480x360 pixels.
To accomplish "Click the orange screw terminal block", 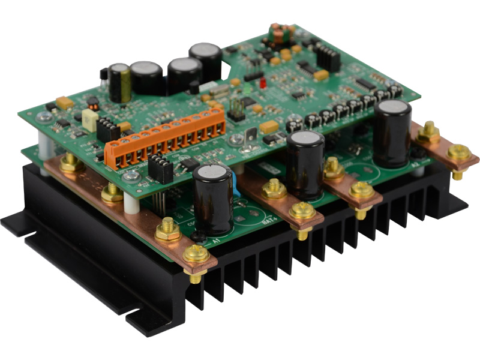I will pos(165,139).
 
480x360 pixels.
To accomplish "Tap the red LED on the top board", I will pos(263,86).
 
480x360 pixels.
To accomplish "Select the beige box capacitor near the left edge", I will pos(90,121).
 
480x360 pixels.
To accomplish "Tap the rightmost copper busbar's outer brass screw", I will pos(460,153).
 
